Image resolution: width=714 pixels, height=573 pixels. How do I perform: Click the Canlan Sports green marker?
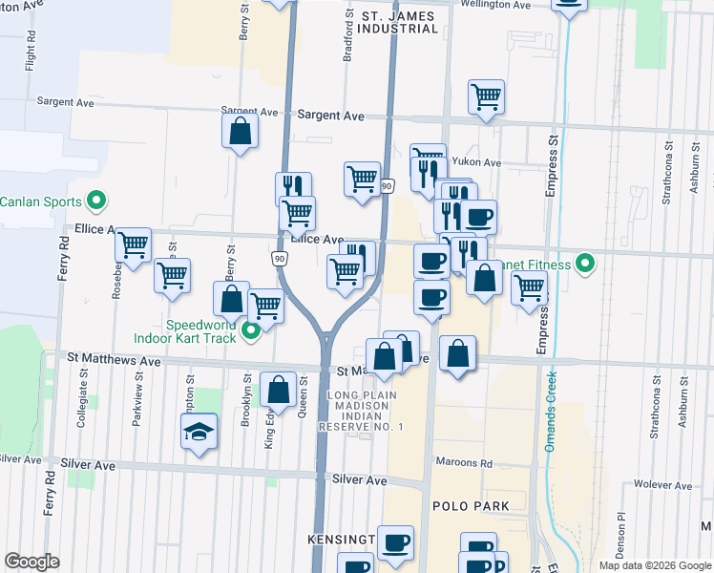tap(95, 202)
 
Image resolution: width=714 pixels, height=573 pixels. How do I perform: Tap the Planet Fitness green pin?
tap(588, 265)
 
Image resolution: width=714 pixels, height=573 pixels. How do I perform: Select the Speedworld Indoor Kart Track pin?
tap(251, 332)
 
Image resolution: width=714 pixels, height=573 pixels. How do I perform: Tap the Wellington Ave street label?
tap(494, 5)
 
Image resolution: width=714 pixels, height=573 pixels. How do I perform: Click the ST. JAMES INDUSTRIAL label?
tap(399, 22)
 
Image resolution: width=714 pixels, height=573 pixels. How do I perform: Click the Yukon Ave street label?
tap(477, 162)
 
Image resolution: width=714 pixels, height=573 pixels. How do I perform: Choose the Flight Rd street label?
tap(31, 53)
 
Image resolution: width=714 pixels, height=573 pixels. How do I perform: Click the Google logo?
tap(31, 562)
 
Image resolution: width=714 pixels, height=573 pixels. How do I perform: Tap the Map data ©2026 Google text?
tap(654, 565)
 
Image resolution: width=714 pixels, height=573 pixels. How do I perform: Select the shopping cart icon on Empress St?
tap(528, 286)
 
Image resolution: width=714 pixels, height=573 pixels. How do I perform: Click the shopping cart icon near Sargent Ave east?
tap(486, 95)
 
